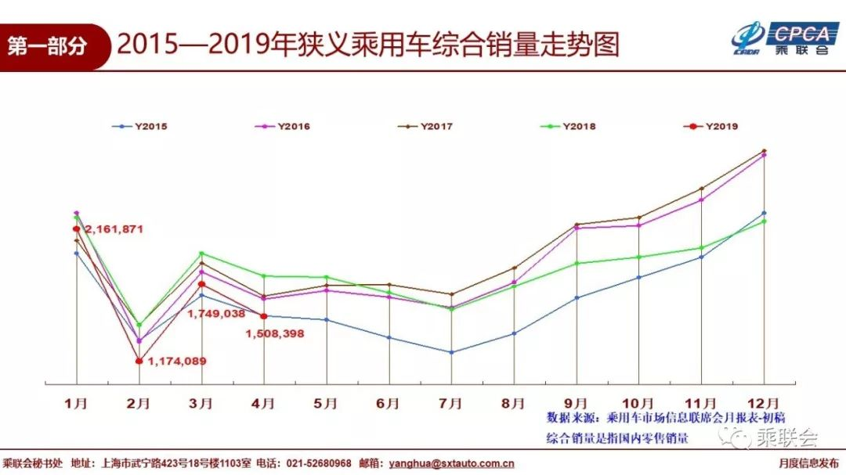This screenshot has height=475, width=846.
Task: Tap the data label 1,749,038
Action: tap(216, 313)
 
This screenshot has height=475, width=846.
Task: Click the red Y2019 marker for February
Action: tap(139, 361)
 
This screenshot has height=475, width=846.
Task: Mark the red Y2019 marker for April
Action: tap(264, 316)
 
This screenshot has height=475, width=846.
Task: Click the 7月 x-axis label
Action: tap(451, 403)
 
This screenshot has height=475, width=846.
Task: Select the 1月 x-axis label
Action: tap(76, 403)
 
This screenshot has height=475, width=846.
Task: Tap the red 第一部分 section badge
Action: tap(49, 46)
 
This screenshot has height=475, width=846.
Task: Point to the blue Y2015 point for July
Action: tap(452, 352)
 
